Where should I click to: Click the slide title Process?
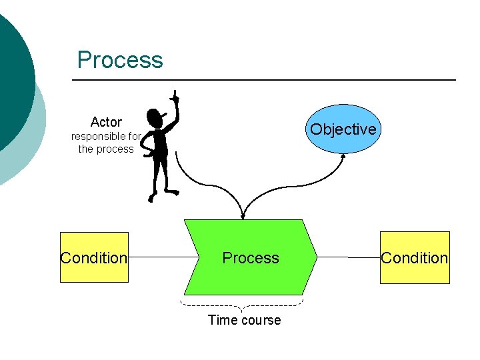120,59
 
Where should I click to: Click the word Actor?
106,122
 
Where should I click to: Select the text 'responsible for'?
106,137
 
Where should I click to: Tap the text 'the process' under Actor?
106,149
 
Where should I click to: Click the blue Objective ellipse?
343,129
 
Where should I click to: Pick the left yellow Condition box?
94,257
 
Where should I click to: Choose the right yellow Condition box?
415,257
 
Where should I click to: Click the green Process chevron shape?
251,257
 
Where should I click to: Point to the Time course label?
244,320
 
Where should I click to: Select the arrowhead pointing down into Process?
243,215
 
